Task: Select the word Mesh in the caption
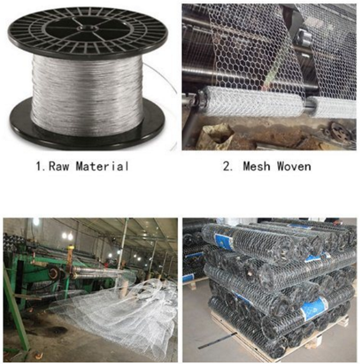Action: (256, 166)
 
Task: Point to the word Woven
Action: (294, 166)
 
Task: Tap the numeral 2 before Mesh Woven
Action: (226, 166)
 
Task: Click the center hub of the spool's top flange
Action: (87, 28)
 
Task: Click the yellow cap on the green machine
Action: (70, 248)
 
